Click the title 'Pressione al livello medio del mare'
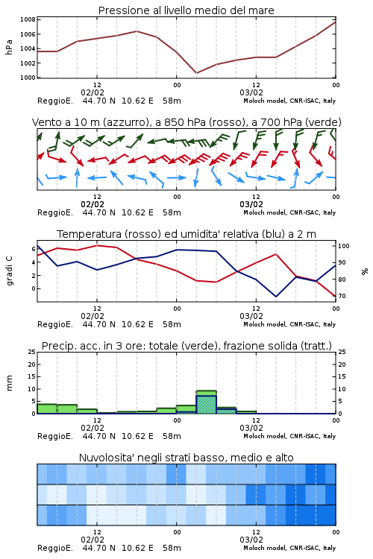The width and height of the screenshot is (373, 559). click(186, 10)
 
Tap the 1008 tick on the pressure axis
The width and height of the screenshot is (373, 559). click(28, 19)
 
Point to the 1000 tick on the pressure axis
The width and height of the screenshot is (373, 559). click(28, 78)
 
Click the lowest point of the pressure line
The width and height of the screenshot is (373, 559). click(196, 73)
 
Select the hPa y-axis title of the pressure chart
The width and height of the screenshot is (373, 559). click(9, 47)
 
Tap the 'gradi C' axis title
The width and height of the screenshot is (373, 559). click(9, 271)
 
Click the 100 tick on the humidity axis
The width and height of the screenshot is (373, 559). click(344, 246)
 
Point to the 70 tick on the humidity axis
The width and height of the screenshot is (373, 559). click(342, 296)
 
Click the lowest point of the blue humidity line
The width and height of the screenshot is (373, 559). click(276, 297)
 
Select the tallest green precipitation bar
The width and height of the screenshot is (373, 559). click(207, 402)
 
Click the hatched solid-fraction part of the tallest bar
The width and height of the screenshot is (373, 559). click(207, 405)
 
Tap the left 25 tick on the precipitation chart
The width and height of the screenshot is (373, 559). click(32, 352)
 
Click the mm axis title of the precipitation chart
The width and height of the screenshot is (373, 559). click(9, 383)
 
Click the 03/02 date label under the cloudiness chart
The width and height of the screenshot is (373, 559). click(251, 540)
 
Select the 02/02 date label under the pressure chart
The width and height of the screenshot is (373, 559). click(93, 92)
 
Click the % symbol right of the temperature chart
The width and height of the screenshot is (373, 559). click(365, 271)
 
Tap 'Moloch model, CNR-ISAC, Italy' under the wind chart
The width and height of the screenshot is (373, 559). click(289, 212)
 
